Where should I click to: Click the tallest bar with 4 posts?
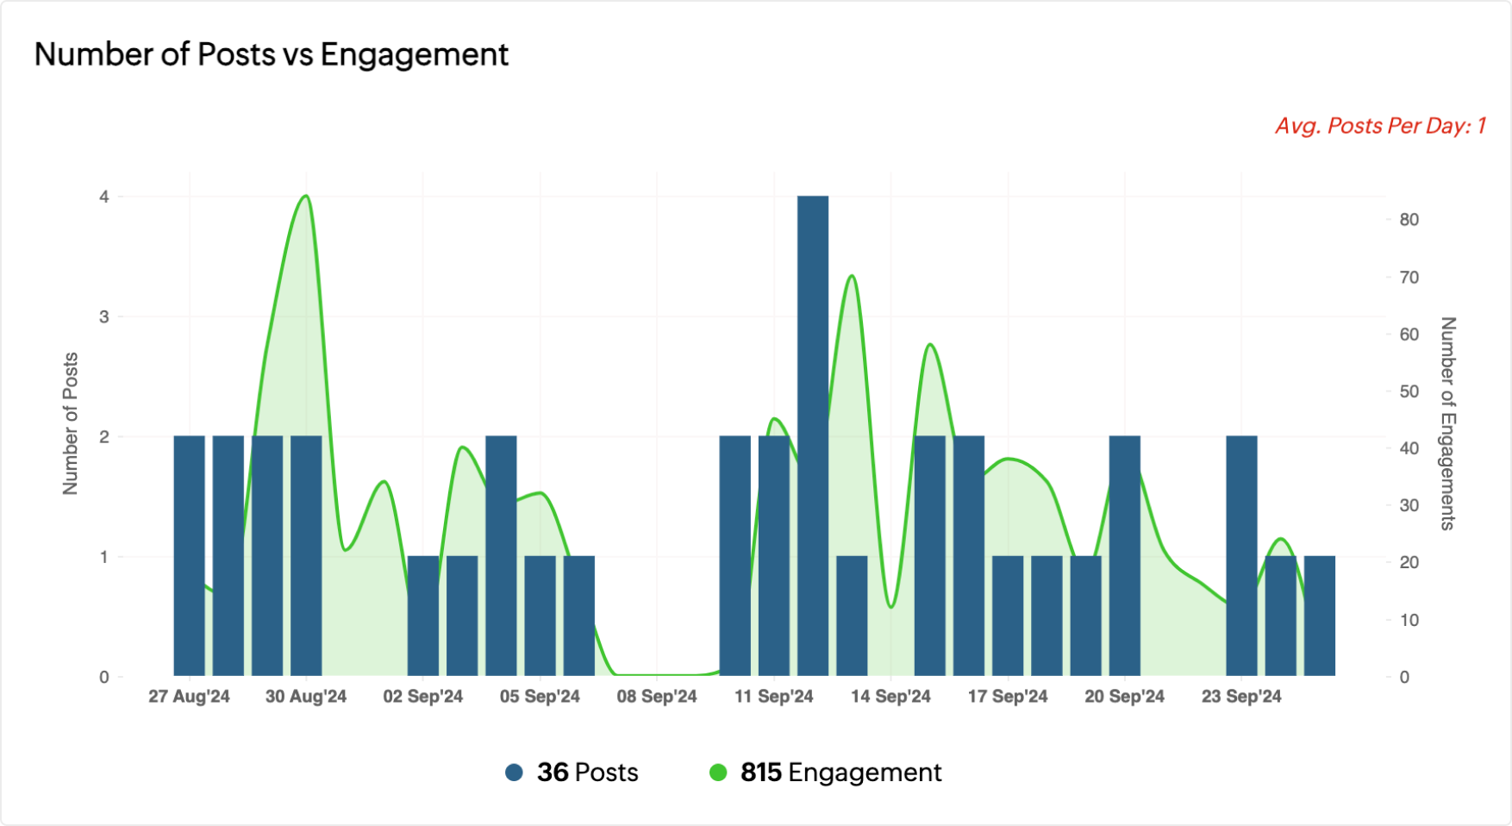(813, 435)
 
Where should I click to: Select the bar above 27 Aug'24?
(190, 555)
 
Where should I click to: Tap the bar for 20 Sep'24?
(1125, 555)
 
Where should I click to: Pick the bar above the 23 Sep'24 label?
(1241, 555)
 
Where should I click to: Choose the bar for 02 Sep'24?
(423, 616)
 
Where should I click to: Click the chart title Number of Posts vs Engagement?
(272, 54)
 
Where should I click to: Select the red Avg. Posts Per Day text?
(1380, 126)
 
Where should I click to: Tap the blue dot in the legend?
(515, 773)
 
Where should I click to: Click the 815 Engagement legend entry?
(840, 773)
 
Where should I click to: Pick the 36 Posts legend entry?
(587, 773)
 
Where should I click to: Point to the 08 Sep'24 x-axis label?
(657, 697)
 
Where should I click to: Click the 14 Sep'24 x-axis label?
(890, 697)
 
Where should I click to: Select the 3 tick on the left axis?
(104, 316)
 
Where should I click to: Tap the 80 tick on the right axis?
(1409, 220)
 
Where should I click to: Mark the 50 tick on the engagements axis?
(1409, 391)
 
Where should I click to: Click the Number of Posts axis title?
(71, 423)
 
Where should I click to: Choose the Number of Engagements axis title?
(1447, 423)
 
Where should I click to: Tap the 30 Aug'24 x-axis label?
(306, 697)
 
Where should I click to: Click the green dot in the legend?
(718, 773)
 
